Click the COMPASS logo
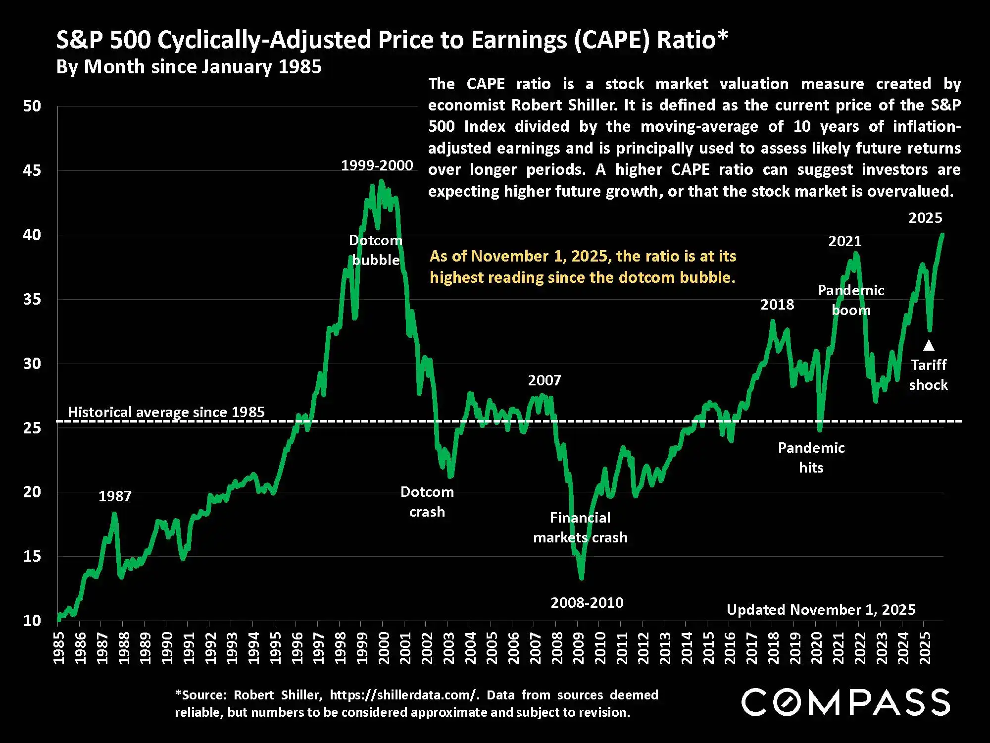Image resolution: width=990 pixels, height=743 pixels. [x=845, y=702]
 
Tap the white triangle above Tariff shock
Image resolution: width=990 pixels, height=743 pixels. [x=929, y=345]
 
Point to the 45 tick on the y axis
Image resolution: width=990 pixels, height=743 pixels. [x=32, y=170]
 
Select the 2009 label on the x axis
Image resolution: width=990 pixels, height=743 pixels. [x=578, y=648]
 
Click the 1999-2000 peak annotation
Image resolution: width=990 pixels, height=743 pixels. [x=377, y=165]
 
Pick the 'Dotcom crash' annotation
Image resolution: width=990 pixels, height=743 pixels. [x=427, y=502]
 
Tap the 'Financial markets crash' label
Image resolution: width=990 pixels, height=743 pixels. [x=580, y=528]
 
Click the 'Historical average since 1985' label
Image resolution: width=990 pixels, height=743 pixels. [x=166, y=412]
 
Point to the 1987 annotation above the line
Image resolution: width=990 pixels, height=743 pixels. [x=115, y=496]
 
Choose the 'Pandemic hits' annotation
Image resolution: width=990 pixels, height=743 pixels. [x=811, y=458]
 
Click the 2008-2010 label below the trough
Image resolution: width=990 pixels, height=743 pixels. [x=587, y=603]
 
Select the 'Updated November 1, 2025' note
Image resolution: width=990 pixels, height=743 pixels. [x=821, y=610]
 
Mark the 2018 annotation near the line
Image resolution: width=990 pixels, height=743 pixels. [x=777, y=305]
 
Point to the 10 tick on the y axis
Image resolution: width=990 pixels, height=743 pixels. [x=32, y=621]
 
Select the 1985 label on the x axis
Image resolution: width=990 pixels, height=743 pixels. [x=58, y=648]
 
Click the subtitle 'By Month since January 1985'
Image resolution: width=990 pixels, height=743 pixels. [x=189, y=67]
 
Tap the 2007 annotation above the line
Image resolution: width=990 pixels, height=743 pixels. [x=544, y=380]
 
